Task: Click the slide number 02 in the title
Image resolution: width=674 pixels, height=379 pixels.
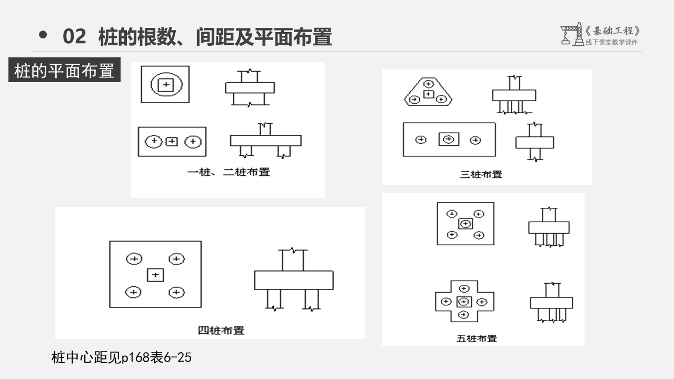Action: (x=74, y=37)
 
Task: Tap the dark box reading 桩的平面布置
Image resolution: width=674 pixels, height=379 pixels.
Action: (x=64, y=71)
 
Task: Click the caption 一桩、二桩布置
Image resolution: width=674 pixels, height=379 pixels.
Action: (x=229, y=172)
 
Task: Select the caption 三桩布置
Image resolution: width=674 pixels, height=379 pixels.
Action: (x=481, y=174)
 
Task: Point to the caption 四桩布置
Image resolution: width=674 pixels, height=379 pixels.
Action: (x=221, y=331)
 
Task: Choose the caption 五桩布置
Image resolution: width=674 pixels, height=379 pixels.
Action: (x=476, y=338)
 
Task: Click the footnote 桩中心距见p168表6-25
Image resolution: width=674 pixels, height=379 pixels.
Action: (x=122, y=358)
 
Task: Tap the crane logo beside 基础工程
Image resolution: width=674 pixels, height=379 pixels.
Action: (x=571, y=34)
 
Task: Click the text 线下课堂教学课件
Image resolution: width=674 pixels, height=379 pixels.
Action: (x=611, y=43)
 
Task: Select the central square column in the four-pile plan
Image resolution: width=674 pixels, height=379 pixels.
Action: (x=155, y=275)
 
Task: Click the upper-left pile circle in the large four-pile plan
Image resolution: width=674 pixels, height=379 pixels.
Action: (x=134, y=258)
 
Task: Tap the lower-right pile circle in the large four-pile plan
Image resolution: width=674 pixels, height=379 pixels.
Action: (x=176, y=292)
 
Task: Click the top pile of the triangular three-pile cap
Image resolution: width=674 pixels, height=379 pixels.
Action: (x=429, y=83)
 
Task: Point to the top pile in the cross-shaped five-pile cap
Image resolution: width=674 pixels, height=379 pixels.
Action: (x=464, y=288)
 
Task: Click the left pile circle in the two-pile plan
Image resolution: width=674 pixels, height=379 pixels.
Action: (x=154, y=141)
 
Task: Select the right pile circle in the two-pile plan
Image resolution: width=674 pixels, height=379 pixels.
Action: (x=193, y=141)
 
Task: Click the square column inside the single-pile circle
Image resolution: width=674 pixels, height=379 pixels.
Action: (x=165, y=85)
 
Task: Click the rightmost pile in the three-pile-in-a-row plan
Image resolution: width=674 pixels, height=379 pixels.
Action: (x=475, y=140)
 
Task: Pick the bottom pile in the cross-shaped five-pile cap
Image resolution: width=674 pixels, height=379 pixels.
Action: (x=464, y=315)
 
